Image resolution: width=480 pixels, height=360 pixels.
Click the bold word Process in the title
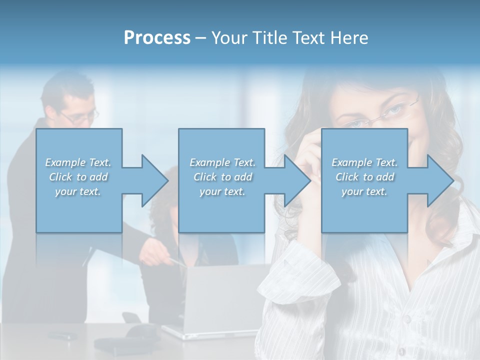157,38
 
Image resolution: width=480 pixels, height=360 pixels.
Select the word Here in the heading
349,38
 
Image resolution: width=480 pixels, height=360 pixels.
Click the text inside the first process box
78,177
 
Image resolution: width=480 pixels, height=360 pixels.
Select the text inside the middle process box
222,177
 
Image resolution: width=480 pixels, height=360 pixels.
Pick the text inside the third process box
364,177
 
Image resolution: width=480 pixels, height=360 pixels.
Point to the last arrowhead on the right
439,180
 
